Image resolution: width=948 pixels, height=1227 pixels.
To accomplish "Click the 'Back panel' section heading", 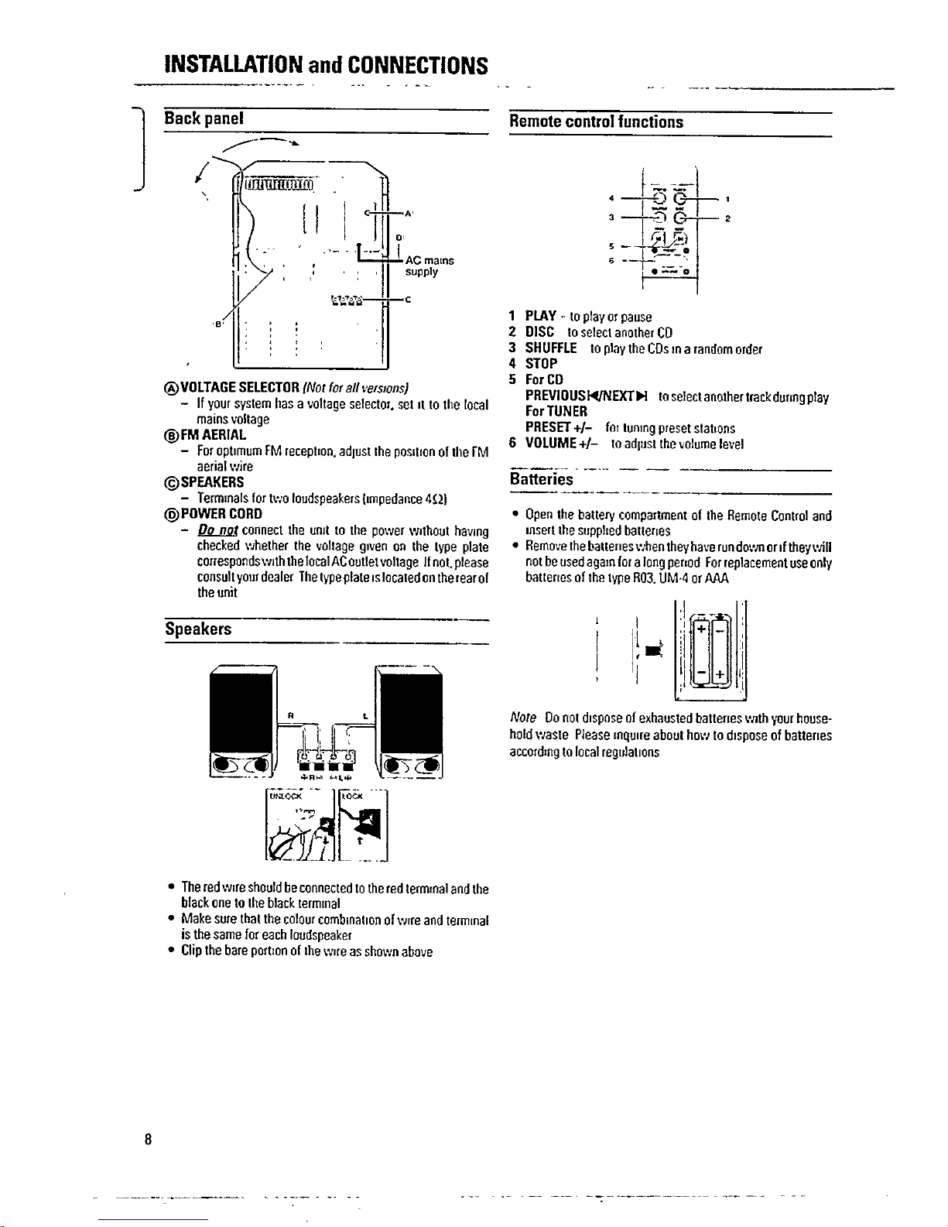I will (x=204, y=119).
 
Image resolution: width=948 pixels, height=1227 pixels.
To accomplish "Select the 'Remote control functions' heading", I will (x=595, y=122).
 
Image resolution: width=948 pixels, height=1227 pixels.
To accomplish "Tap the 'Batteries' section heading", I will (x=541, y=479).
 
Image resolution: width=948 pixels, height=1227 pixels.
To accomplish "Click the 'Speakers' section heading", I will (x=198, y=629).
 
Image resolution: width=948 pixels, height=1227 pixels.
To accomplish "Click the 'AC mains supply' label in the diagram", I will (x=429, y=266).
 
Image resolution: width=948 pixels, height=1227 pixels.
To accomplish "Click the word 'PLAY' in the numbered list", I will (x=541, y=316).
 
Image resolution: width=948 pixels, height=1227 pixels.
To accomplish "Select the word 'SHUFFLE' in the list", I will (x=551, y=348).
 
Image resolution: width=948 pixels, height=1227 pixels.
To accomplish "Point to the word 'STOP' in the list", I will (x=542, y=364).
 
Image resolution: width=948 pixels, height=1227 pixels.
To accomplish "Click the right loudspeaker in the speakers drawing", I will (x=410, y=721).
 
